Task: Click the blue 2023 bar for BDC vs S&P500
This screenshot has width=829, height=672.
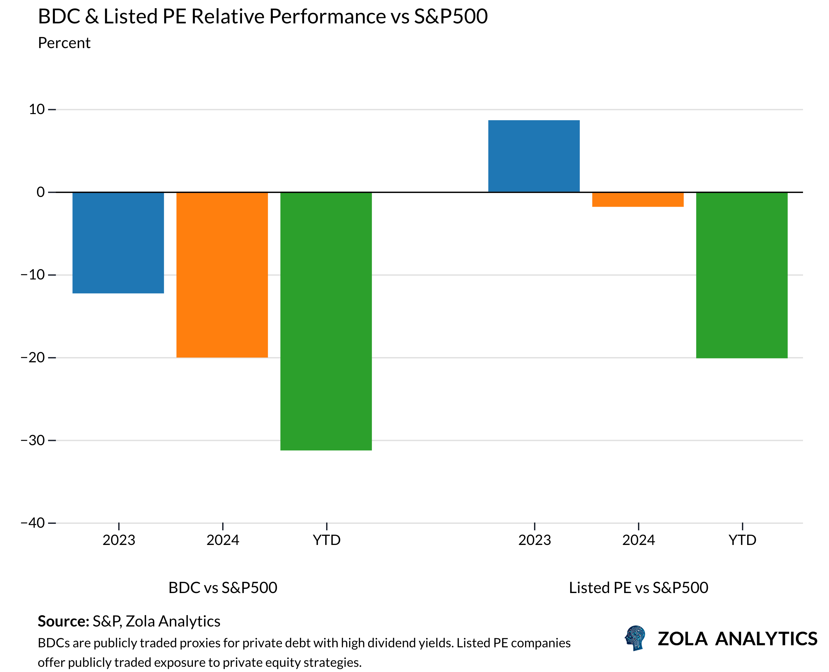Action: pos(118,243)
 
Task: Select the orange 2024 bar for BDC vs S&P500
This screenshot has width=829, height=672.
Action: pos(222,275)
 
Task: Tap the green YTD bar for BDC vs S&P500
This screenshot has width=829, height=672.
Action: pos(326,321)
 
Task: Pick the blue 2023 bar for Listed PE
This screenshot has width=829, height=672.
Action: pos(534,156)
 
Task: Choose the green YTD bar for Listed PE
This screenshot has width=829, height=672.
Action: pos(742,275)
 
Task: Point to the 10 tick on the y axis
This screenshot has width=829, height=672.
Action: pos(37,110)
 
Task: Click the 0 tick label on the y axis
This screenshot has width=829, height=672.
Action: pos(41,192)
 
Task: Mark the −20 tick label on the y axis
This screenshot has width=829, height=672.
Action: pos(33,357)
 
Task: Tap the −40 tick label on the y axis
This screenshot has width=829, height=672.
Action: pos(33,523)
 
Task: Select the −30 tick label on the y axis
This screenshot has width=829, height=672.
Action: pos(33,440)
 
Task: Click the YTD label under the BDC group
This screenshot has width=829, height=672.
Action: pos(327,540)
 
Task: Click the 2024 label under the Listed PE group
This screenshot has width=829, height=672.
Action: pos(638,540)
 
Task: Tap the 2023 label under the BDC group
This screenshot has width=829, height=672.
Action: pos(119,540)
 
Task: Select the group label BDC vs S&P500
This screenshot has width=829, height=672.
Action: pos(223,588)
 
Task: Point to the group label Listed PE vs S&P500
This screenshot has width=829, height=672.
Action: pos(638,588)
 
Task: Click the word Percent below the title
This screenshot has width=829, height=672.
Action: pos(64,43)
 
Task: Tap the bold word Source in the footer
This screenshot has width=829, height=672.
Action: pos(63,621)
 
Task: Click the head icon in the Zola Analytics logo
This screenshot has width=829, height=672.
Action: pos(635,638)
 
